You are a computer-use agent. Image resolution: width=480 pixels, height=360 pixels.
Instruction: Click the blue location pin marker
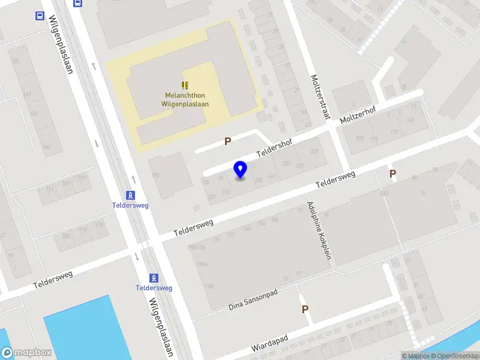tap(241, 170)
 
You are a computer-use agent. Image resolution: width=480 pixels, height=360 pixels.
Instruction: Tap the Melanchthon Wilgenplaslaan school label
tap(185, 99)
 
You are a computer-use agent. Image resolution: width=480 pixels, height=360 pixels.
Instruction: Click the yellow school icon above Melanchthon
tap(185, 85)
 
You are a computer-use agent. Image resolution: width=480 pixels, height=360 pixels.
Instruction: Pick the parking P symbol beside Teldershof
tap(227, 142)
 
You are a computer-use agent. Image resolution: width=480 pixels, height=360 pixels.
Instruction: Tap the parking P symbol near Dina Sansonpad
tap(305, 309)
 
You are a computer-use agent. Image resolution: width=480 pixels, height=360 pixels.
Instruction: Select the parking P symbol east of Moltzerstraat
tap(393, 174)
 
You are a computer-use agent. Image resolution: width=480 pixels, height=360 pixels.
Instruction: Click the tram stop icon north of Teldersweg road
tap(130, 195)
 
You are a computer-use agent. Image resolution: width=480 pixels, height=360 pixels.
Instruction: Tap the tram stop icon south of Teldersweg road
tap(154, 278)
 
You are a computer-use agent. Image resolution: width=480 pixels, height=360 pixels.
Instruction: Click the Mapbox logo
tap(26, 353)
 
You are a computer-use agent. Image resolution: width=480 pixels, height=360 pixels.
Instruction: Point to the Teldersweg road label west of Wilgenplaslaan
tap(53, 279)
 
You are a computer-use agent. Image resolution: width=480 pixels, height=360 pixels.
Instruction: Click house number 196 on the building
tap(155, 175)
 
